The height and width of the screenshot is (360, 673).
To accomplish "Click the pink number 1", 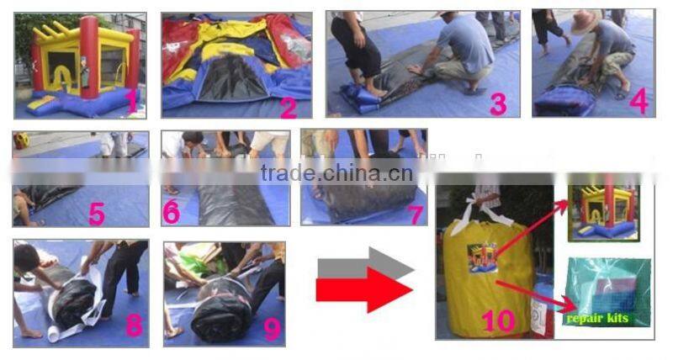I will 131,102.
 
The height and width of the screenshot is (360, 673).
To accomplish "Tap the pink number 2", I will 289,106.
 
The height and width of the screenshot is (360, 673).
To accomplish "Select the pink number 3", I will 499,103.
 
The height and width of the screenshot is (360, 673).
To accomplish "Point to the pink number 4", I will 639,101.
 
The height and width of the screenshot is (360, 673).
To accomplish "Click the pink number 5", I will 97,213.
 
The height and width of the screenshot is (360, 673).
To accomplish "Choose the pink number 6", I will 172,211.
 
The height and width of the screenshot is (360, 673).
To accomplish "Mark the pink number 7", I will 415,214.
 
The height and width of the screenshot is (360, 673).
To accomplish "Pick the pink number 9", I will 272,328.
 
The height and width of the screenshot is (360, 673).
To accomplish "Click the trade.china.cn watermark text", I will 336,174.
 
